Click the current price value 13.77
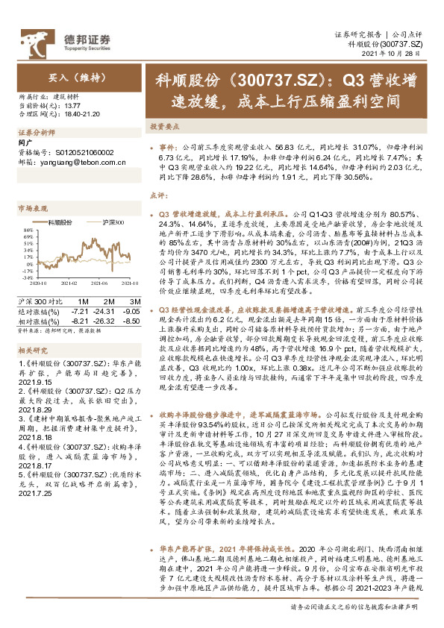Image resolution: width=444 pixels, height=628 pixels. tap(75, 106)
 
